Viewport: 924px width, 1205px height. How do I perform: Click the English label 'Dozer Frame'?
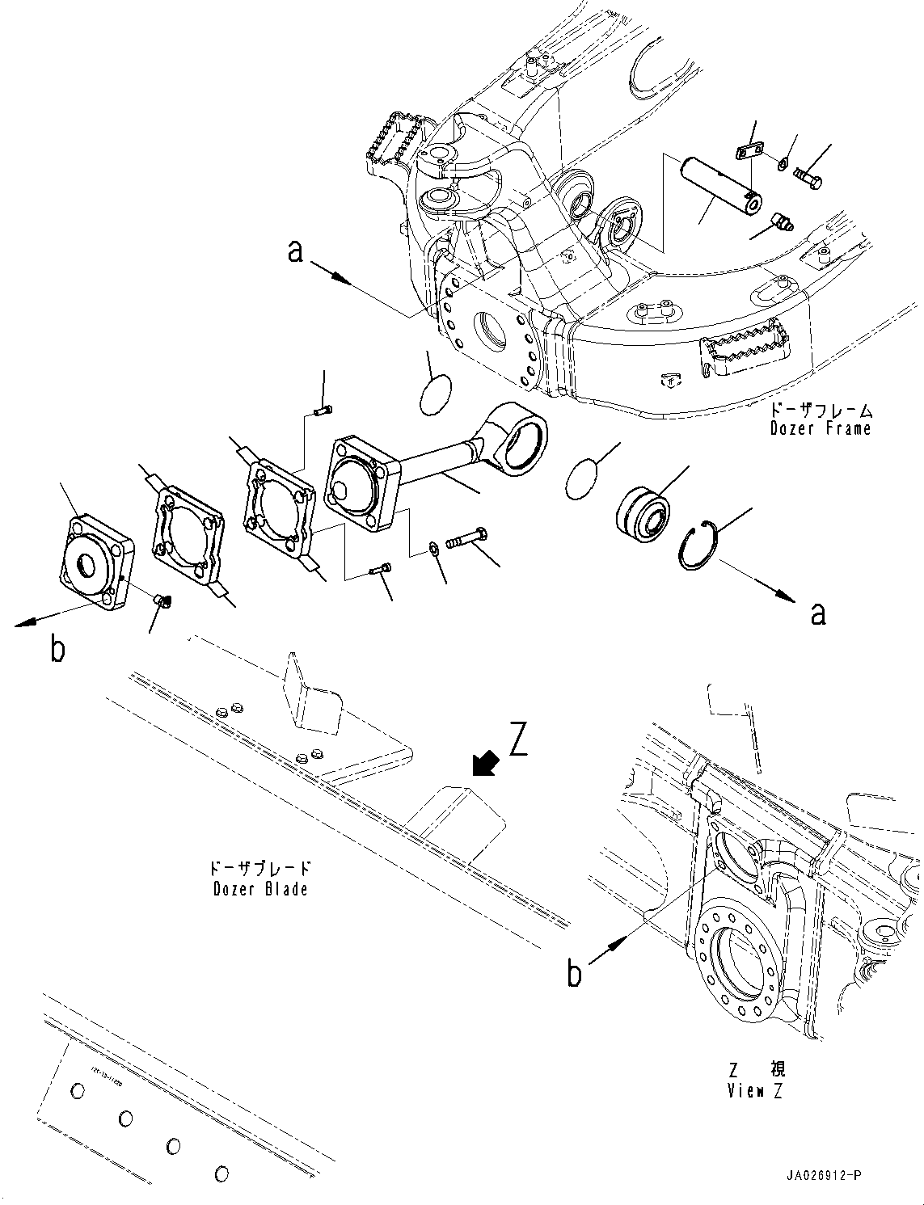click(x=821, y=428)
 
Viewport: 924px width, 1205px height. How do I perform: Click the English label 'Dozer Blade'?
click(x=260, y=889)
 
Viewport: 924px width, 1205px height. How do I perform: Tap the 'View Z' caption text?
click(x=755, y=1091)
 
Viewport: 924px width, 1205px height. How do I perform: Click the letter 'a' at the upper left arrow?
click(x=296, y=252)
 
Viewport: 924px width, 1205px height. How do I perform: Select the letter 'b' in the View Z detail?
click(x=574, y=973)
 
